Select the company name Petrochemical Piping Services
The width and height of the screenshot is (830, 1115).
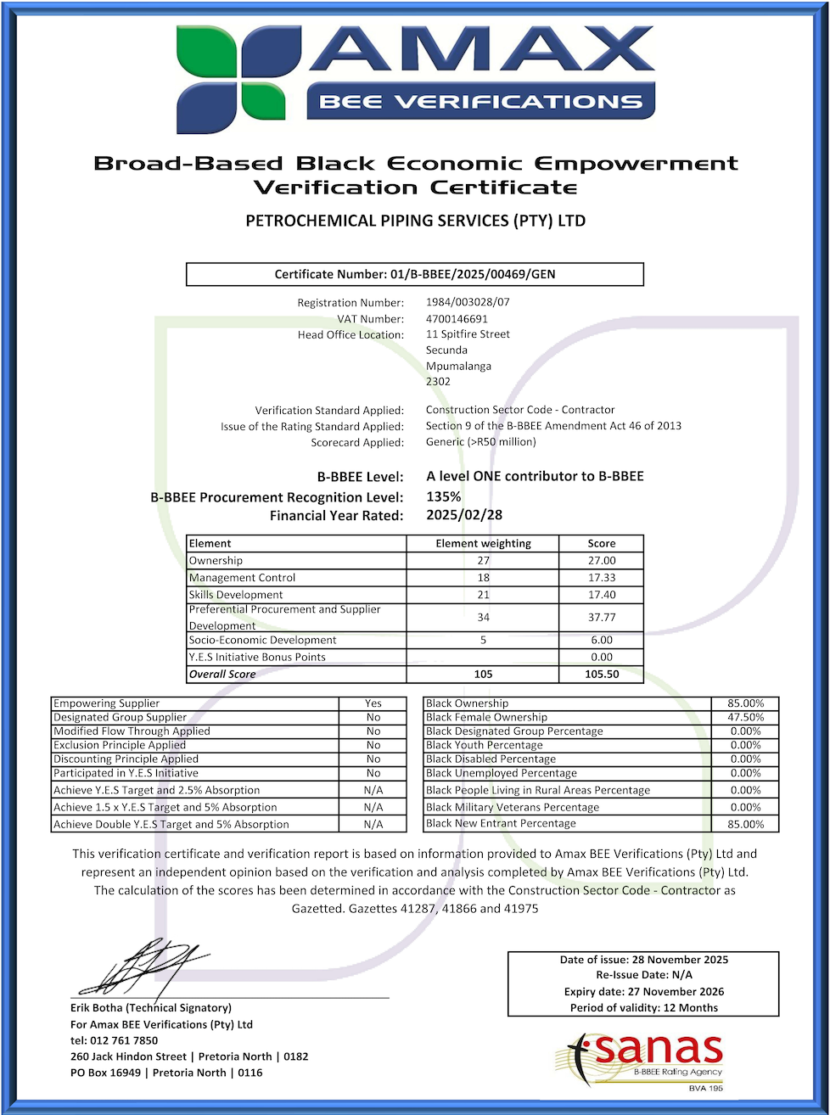415,221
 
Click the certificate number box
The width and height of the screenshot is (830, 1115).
415,274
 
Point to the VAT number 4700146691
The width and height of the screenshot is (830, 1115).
457,319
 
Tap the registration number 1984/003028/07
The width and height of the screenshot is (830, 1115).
468,302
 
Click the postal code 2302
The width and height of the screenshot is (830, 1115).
438,382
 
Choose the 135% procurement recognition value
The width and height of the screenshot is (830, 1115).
443,497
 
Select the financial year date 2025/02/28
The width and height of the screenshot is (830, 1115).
464,515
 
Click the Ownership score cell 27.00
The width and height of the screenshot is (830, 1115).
601,561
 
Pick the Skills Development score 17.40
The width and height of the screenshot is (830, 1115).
601,595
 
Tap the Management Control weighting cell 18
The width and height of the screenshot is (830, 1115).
483,578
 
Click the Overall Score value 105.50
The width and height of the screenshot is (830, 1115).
601,675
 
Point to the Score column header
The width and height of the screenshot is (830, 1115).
601,544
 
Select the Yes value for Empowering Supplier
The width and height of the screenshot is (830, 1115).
373,703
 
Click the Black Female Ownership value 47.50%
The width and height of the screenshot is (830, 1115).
745,717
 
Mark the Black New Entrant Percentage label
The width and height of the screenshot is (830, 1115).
501,824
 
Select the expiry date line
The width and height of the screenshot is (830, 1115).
643,992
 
